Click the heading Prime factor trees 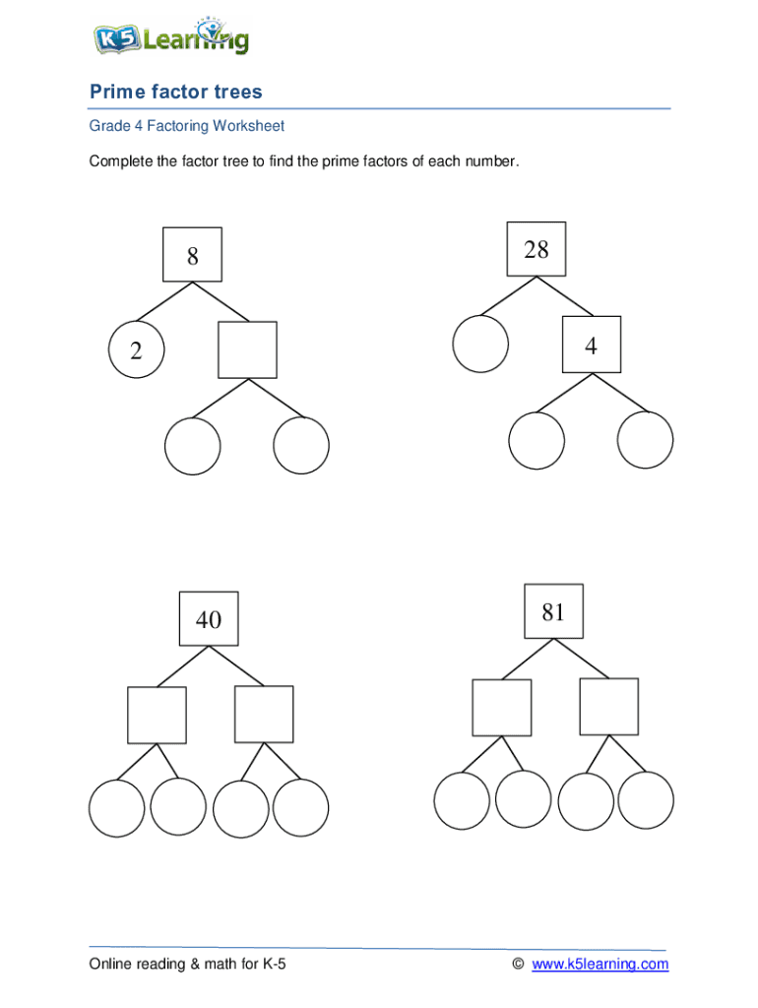click(x=176, y=93)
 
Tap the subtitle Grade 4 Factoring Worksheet click(x=187, y=126)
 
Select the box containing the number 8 click(x=193, y=256)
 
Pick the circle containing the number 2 click(x=136, y=350)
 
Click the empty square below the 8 click(x=247, y=349)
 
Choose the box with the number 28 click(x=537, y=250)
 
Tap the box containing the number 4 click(x=591, y=345)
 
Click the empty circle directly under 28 click(x=480, y=344)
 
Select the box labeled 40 click(x=209, y=619)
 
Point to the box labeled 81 click(x=553, y=612)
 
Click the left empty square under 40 click(x=157, y=715)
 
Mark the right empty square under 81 click(x=608, y=706)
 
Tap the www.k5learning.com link click(x=600, y=964)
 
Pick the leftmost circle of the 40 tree click(x=117, y=807)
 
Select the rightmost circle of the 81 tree click(x=646, y=800)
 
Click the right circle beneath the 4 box click(x=646, y=440)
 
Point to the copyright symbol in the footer click(x=518, y=964)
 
